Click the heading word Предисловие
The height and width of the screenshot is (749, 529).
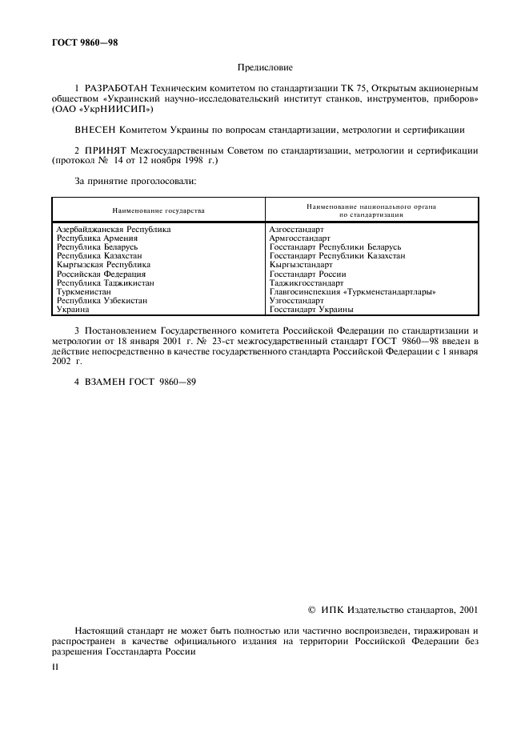pos(265,68)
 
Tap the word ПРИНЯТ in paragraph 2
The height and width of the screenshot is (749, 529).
pos(106,150)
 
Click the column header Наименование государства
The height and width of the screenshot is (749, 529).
pos(158,210)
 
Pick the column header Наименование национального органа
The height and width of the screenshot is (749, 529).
pos(371,206)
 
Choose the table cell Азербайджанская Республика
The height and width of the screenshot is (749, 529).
pos(113,229)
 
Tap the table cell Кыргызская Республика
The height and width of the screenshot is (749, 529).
pos(103,264)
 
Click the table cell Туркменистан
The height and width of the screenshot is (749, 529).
pos(83,292)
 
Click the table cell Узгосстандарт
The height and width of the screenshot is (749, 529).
pos(297,301)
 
